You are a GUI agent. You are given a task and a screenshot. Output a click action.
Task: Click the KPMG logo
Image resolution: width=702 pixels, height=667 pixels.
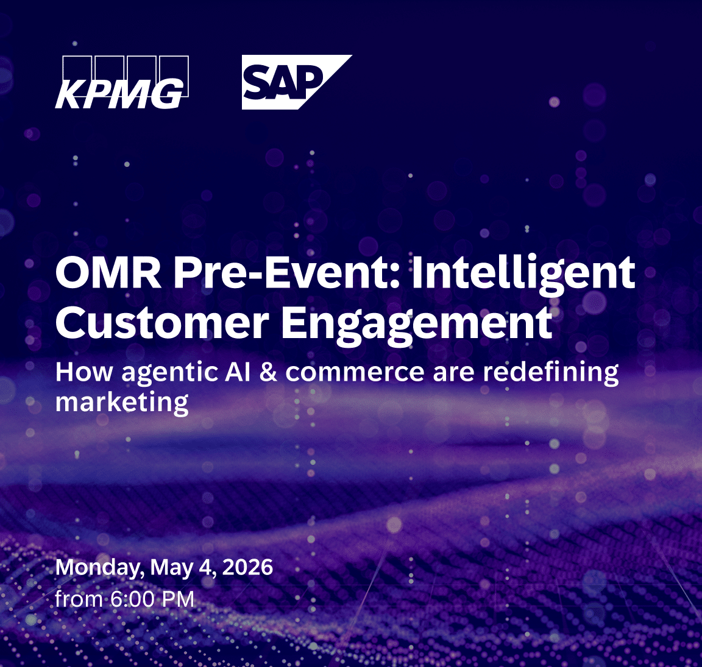click(x=121, y=83)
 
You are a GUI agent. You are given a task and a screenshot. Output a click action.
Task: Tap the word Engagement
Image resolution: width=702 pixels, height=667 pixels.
click(x=417, y=323)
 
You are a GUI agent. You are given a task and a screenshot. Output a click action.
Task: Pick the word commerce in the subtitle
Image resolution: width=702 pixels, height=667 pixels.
click(x=355, y=372)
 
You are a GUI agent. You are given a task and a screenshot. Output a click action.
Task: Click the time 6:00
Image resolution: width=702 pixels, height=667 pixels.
click(x=132, y=599)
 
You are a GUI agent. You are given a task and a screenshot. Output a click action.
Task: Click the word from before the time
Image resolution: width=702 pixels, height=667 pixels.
click(x=79, y=599)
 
